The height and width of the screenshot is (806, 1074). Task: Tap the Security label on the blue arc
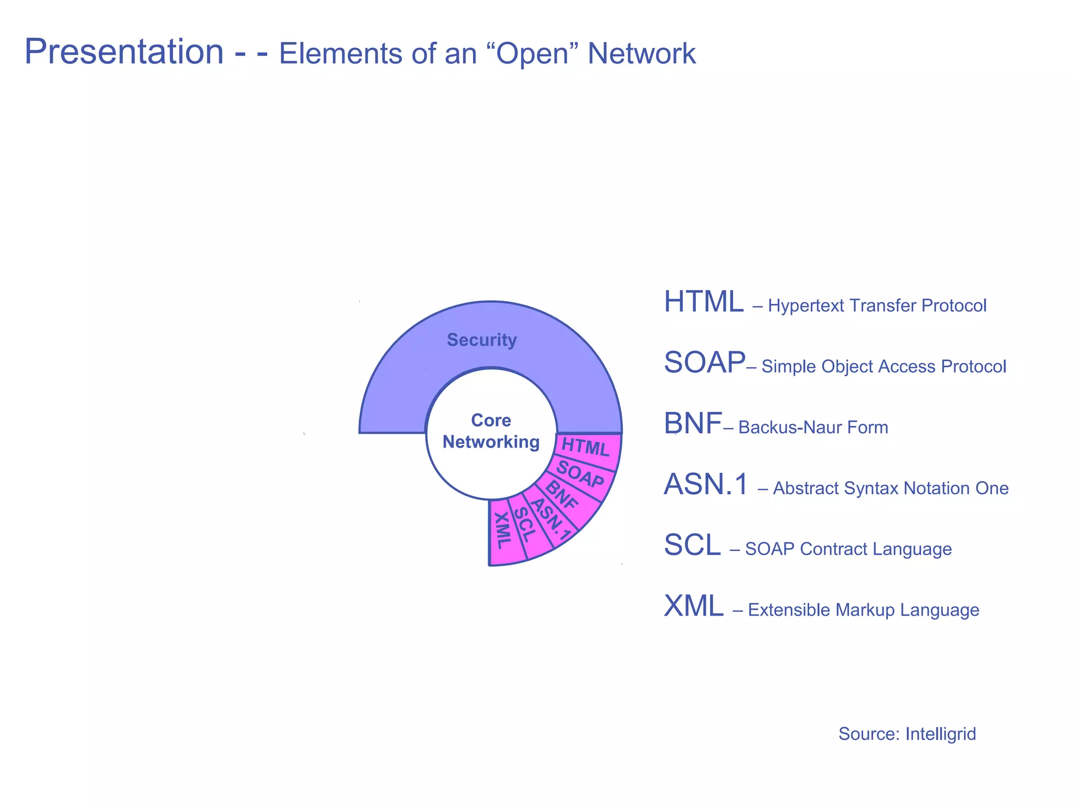tap(481, 340)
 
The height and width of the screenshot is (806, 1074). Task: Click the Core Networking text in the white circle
tap(491, 431)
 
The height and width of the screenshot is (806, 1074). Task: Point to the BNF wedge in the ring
tap(562, 495)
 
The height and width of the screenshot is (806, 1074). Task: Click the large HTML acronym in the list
tap(703, 302)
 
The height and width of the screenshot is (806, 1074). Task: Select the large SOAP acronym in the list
tap(704, 363)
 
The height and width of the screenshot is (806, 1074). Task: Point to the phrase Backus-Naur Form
tap(813, 427)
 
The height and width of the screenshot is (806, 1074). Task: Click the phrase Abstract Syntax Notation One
tap(890, 488)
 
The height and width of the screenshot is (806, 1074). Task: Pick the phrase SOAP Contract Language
tap(848, 549)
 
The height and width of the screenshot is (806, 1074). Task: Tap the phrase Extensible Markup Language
tap(863, 610)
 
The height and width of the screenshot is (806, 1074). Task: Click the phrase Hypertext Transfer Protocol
tap(877, 305)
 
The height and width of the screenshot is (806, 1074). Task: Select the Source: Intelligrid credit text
tap(907, 734)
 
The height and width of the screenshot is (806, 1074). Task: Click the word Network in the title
tap(641, 54)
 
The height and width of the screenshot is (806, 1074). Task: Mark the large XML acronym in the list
tap(693, 606)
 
